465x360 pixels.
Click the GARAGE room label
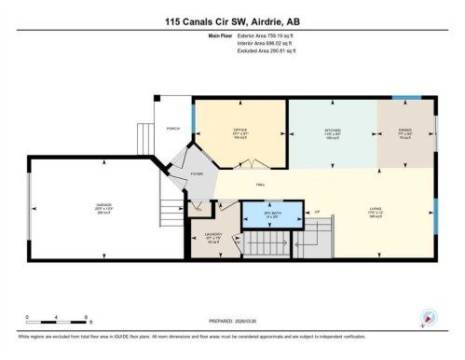tap(90, 205)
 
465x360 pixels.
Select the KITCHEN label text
tap(332, 131)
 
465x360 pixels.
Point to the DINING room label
tap(403, 131)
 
